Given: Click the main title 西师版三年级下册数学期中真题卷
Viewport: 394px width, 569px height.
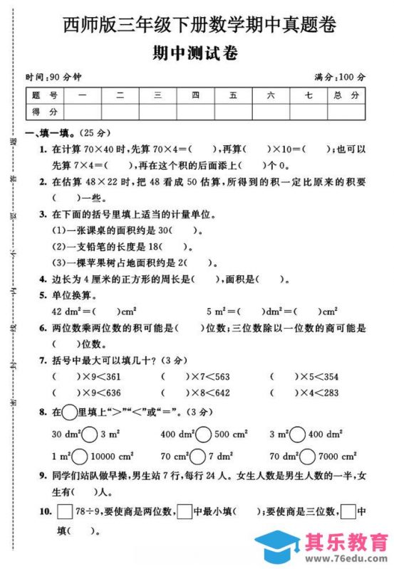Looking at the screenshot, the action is [197, 25].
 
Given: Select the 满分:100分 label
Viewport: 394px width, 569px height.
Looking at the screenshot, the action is [340, 77].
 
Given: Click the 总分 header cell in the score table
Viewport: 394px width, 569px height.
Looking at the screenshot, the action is [346, 95].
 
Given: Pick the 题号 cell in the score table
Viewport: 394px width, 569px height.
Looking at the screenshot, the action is [44, 95].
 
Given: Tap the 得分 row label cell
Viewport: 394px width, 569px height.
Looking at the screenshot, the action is [44, 111].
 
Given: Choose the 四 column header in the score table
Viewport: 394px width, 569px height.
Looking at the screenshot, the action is [195, 95].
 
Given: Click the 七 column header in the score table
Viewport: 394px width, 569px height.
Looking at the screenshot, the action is [308, 95].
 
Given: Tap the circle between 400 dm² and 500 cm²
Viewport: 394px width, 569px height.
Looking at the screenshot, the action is [202, 434].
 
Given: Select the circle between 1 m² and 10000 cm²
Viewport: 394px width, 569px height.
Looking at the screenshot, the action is [81, 456].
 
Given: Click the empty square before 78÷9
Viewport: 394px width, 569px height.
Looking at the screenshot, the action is [64, 510].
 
